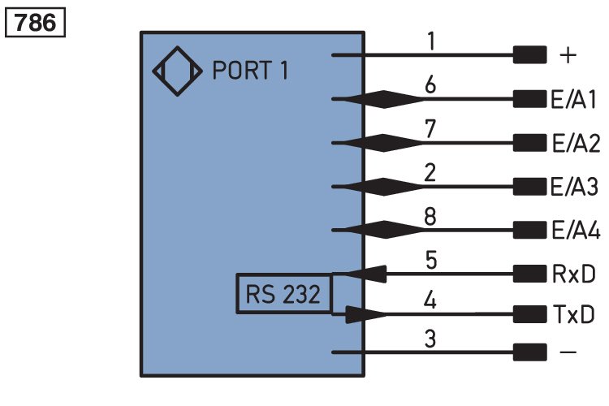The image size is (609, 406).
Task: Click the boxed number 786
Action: click(36, 22)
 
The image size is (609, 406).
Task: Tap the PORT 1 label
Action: click(250, 71)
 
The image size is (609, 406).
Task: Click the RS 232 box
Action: click(283, 294)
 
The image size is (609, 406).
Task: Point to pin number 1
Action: click(431, 41)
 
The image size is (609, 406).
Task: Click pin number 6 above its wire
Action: click(431, 84)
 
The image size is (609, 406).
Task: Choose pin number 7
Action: click(431, 128)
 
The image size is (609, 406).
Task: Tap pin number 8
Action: click(431, 215)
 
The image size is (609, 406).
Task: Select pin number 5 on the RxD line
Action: click(431, 259)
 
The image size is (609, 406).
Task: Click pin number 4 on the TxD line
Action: click(431, 302)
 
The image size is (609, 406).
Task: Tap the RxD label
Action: click(572, 274)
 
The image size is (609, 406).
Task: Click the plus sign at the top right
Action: click(568, 56)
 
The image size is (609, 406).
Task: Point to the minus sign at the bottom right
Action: click(568, 353)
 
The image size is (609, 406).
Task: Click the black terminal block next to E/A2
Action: click(529, 144)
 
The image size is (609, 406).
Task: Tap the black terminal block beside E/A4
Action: click(529, 230)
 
